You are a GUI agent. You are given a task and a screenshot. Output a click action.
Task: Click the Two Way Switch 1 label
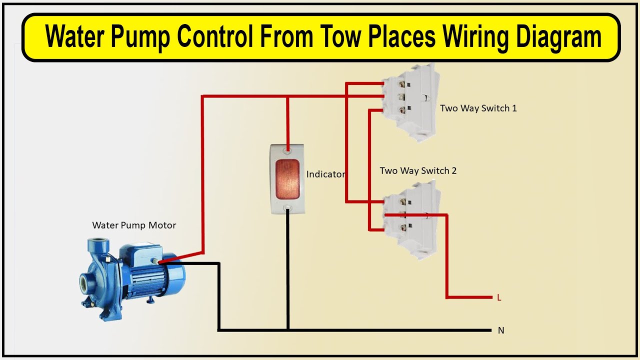478,108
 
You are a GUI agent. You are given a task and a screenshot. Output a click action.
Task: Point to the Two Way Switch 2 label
418,170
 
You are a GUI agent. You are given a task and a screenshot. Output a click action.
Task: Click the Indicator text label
325,174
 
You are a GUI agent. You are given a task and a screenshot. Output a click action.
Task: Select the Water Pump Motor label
134,225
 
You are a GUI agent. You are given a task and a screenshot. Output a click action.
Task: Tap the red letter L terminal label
499,297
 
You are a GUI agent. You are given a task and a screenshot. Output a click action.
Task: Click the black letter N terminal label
500,330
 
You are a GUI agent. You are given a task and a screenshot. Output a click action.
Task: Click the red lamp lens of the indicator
287,177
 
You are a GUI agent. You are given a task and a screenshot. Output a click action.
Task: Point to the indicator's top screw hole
287,149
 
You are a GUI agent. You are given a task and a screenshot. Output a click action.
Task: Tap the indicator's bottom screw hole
287,207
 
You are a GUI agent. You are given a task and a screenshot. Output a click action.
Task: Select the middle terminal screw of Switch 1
400,96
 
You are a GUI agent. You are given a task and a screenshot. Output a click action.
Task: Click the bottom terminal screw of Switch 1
400,109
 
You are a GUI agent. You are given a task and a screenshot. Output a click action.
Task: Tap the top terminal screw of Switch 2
401,202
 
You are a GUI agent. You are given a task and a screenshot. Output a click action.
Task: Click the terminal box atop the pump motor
150,255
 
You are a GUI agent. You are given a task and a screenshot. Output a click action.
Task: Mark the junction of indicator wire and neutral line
287,330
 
